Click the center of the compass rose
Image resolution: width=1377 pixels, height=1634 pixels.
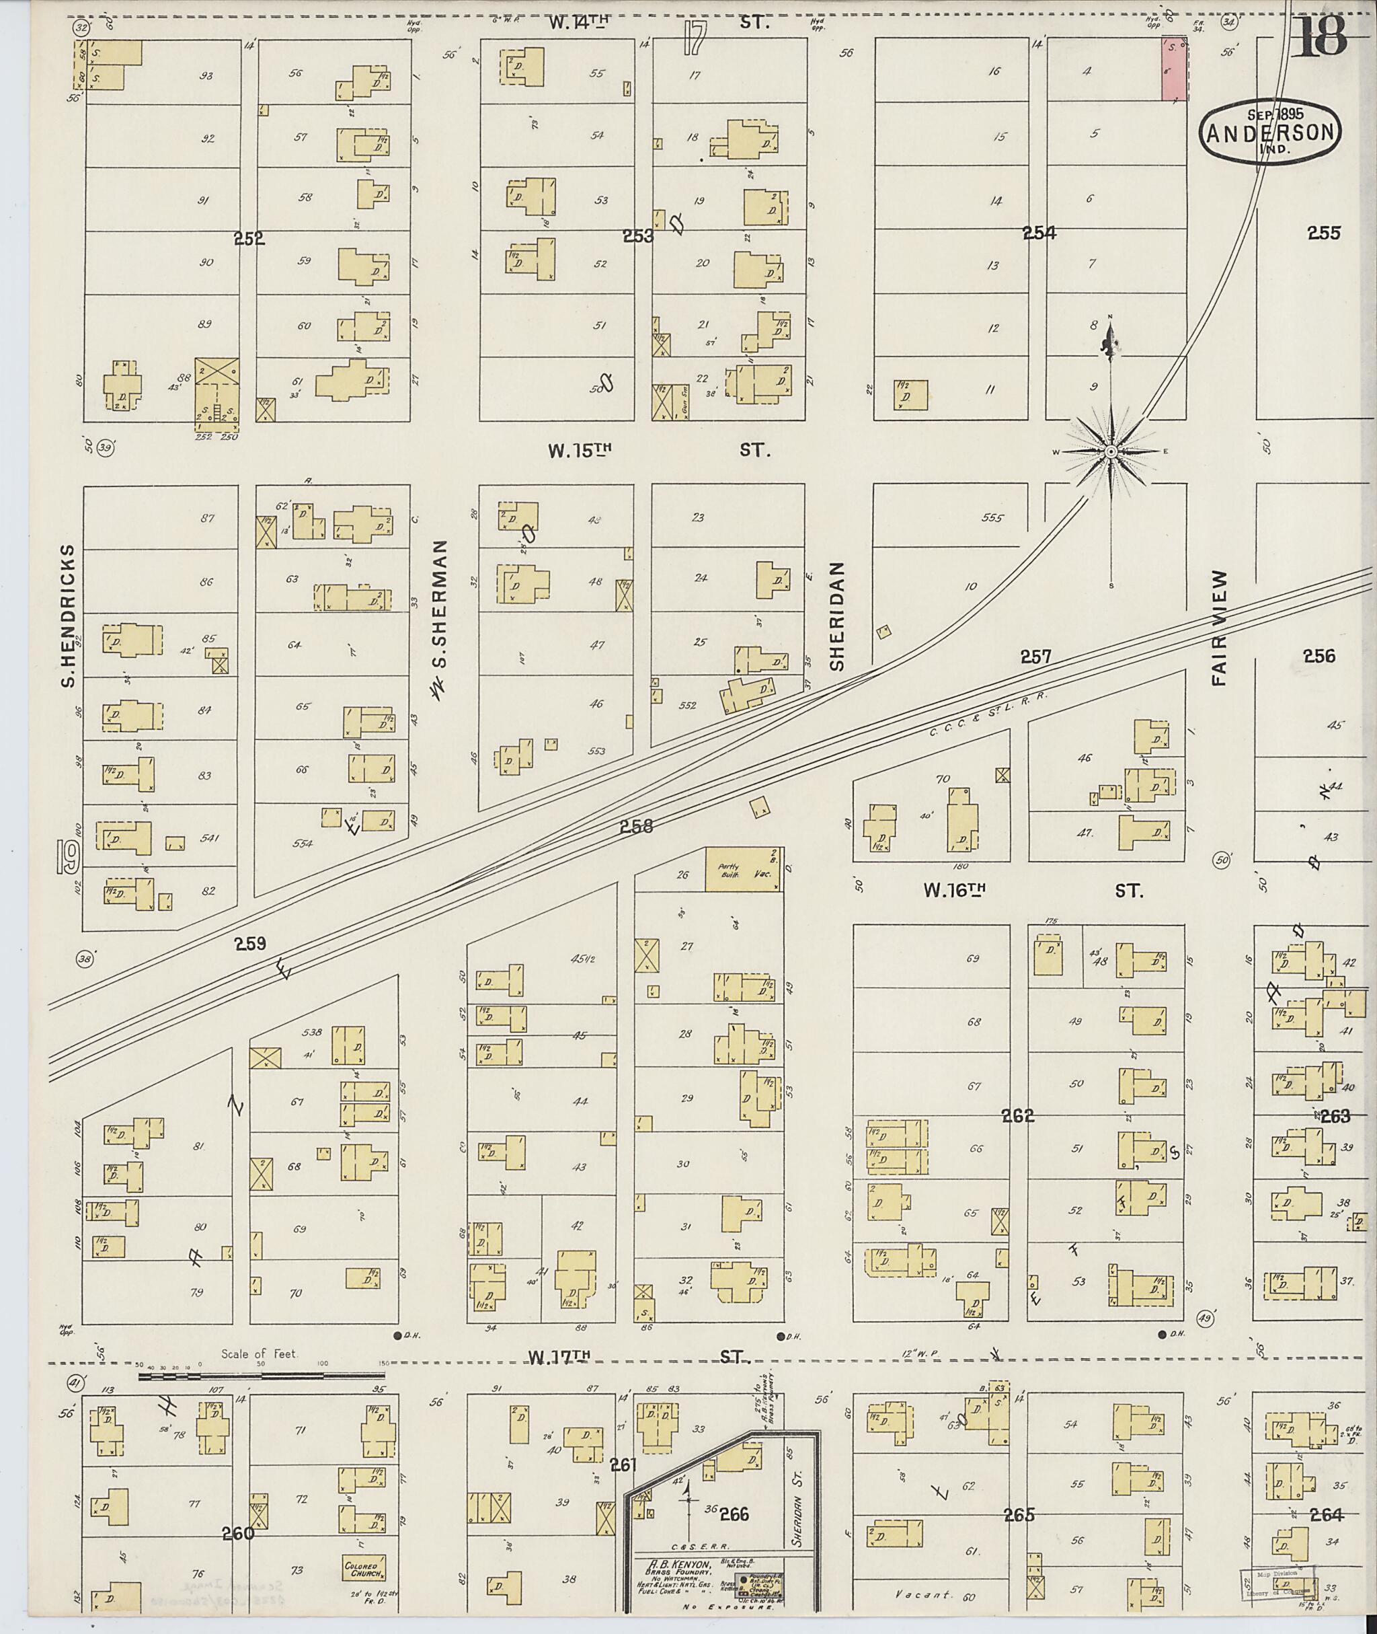coord(1111,451)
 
